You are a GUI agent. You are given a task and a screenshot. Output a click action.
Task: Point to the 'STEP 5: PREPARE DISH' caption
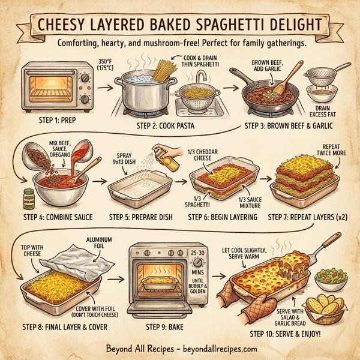click(x=142, y=217)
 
